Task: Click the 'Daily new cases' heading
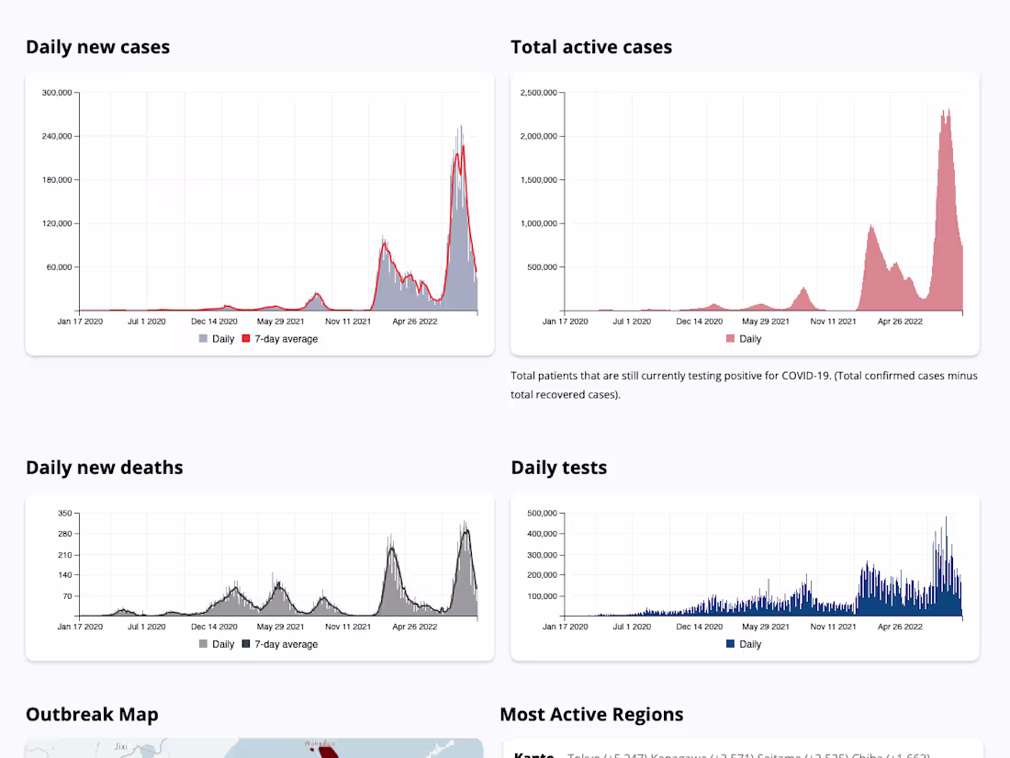97,47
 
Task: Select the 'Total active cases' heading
591,47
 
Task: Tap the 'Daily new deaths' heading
104,468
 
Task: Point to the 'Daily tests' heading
558,468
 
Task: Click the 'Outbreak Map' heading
92,715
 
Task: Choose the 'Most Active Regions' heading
591,715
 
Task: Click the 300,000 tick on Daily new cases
58,93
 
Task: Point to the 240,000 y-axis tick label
58,136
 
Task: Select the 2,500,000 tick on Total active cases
539,93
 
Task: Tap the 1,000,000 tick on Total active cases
539,223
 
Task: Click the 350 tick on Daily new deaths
65,513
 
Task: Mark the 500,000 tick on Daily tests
543,513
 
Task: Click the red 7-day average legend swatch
245,339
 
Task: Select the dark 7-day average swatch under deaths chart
245,644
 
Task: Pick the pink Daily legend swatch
730,339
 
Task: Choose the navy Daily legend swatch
730,644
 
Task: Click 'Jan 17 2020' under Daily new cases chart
79,322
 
